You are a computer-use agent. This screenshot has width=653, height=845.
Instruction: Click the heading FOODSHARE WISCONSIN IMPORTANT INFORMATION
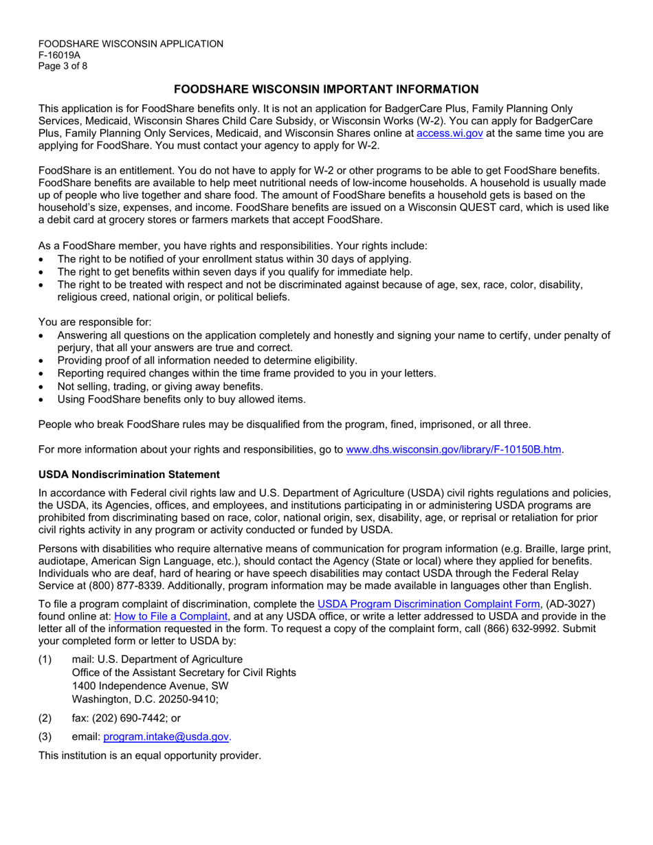[x=326, y=89]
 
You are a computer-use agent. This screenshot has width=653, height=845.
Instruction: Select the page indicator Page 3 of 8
[x=63, y=66]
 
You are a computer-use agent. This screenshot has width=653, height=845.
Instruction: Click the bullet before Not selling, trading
[x=43, y=386]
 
